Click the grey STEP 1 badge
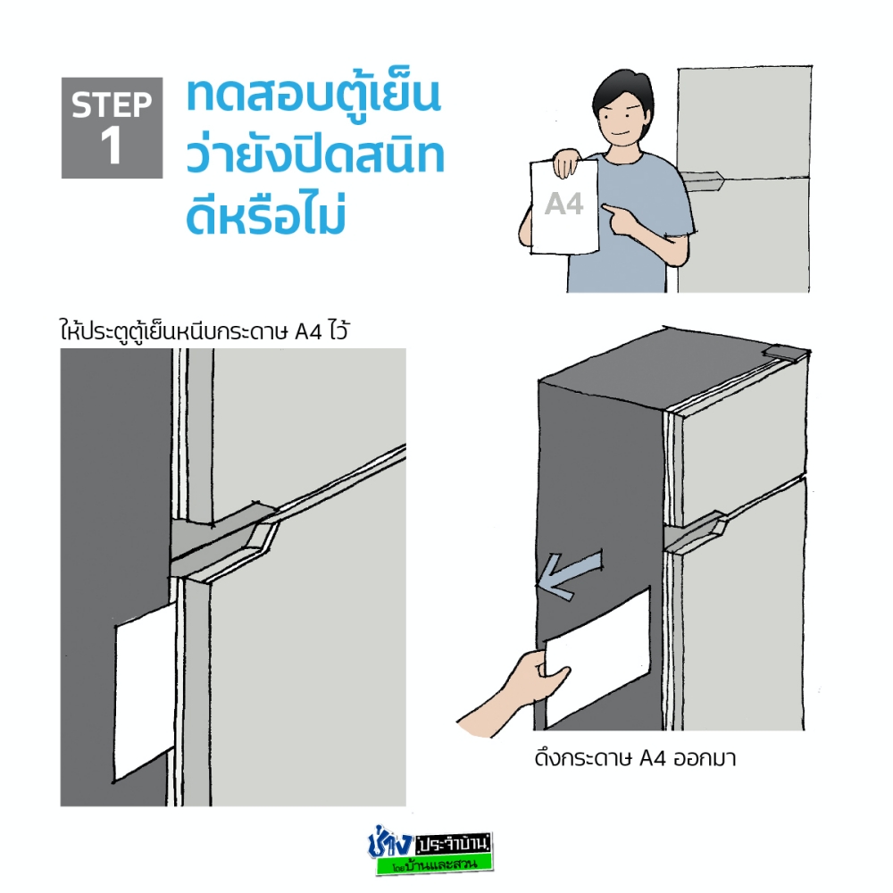tap(112, 128)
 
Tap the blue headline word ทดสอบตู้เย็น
tap(313, 96)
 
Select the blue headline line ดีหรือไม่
tap(266, 216)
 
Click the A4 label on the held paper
tap(563, 204)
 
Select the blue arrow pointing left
tap(570, 574)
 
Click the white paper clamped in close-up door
tap(146, 692)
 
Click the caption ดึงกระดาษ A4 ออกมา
tap(635, 758)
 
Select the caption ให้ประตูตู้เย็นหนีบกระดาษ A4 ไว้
tap(204, 330)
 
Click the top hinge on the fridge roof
tap(786, 353)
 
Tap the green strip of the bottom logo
tap(434, 864)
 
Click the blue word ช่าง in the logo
tap(389, 842)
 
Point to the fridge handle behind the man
tap(704, 182)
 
